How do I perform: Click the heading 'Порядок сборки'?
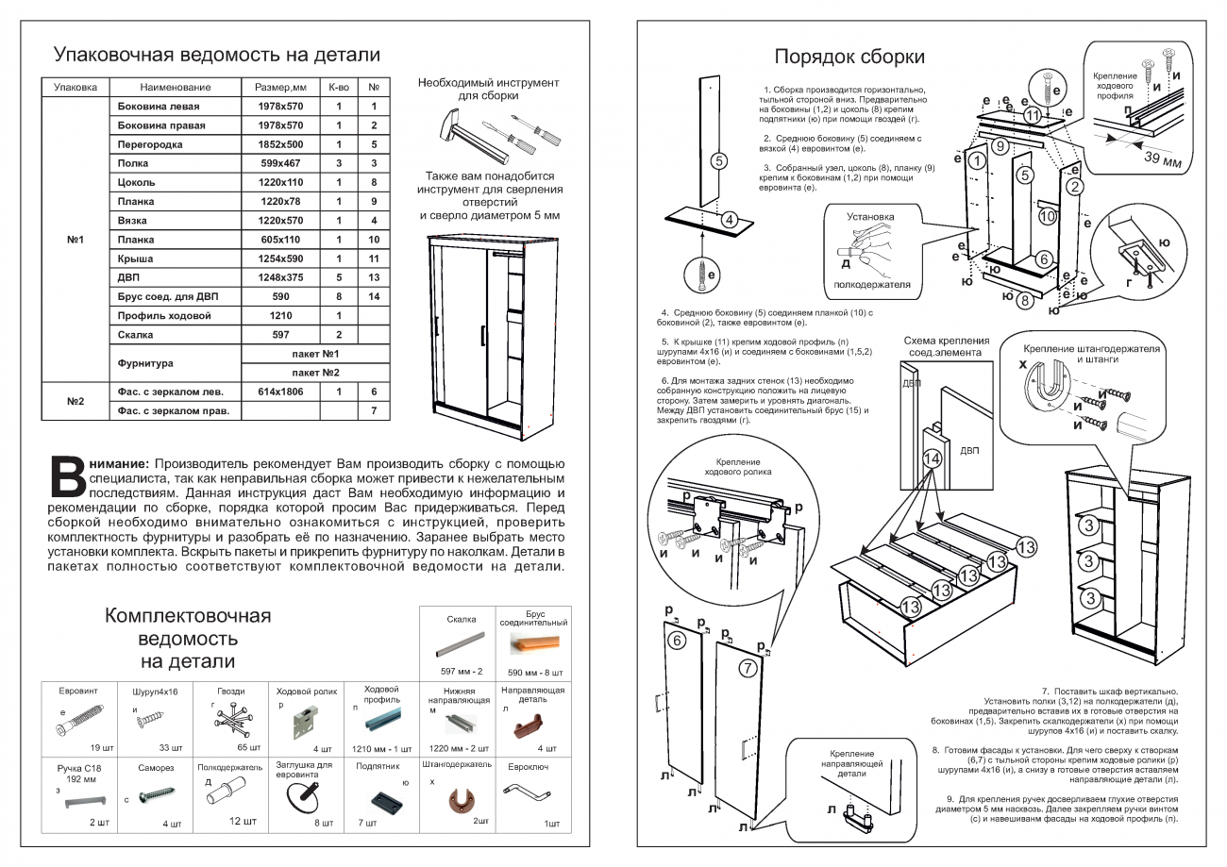(849, 57)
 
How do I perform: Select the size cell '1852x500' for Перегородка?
(280, 144)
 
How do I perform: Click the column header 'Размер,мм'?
(280, 87)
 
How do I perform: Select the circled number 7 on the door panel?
(747, 669)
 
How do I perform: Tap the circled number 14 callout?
(932, 459)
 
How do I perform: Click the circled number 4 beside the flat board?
(729, 220)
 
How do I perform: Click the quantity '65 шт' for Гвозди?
(248, 747)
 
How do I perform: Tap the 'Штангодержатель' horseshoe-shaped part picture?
(462, 801)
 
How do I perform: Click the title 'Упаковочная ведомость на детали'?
(216, 55)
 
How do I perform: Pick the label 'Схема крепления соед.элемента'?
(946, 346)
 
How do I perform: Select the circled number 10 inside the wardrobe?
(1046, 215)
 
